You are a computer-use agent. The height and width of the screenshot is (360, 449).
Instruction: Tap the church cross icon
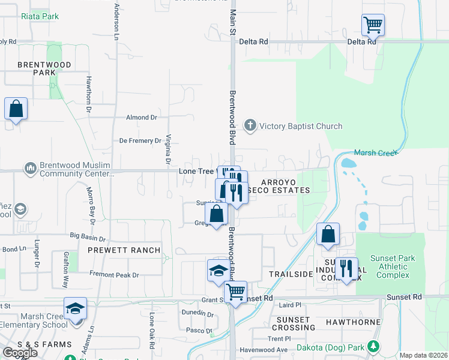(250, 125)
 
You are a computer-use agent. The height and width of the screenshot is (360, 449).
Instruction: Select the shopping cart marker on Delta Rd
(373, 26)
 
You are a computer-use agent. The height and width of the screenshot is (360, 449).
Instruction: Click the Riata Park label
(40, 16)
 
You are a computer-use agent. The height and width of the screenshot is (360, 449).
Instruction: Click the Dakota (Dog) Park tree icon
(373, 347)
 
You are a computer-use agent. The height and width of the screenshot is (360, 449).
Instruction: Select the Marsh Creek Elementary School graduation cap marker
(76, 309)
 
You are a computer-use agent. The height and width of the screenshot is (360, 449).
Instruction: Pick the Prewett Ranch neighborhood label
(125, 250)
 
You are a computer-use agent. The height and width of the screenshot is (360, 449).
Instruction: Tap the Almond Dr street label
(141, 118)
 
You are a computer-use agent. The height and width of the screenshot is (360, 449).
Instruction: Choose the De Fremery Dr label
(140, 141)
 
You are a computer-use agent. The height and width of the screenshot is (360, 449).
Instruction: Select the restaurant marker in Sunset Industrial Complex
(346, 268)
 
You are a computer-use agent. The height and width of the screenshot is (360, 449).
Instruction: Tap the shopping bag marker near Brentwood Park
(16, 110)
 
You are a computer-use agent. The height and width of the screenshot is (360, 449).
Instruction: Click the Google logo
(20, 353)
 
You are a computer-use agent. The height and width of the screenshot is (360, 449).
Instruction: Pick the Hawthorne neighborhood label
(353, 322)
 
